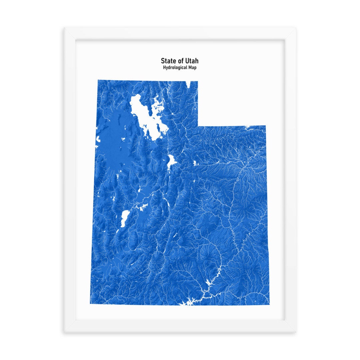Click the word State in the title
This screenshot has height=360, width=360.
[x=169, y=61]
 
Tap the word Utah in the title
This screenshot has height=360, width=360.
[x=192, y=61]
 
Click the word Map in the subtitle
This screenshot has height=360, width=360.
[x=192, y=68]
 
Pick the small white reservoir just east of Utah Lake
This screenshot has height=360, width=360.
[x=194, y=163]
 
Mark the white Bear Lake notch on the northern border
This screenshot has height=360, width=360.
[x=189, y=84]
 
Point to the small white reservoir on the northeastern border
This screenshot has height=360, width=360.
[x=248, y=127]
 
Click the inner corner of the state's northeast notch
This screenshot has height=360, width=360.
[x=198, y=126]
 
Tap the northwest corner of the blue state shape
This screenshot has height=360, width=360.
[x=98, y=80]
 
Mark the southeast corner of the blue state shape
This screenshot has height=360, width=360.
[x=269, y=304]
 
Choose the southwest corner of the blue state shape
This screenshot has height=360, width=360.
[x=90, y=304]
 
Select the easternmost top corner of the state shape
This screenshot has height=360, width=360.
[x=266, y=126]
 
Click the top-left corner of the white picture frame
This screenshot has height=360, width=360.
[x=64, y=27]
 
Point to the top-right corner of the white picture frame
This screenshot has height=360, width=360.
[x=296, y=27]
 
